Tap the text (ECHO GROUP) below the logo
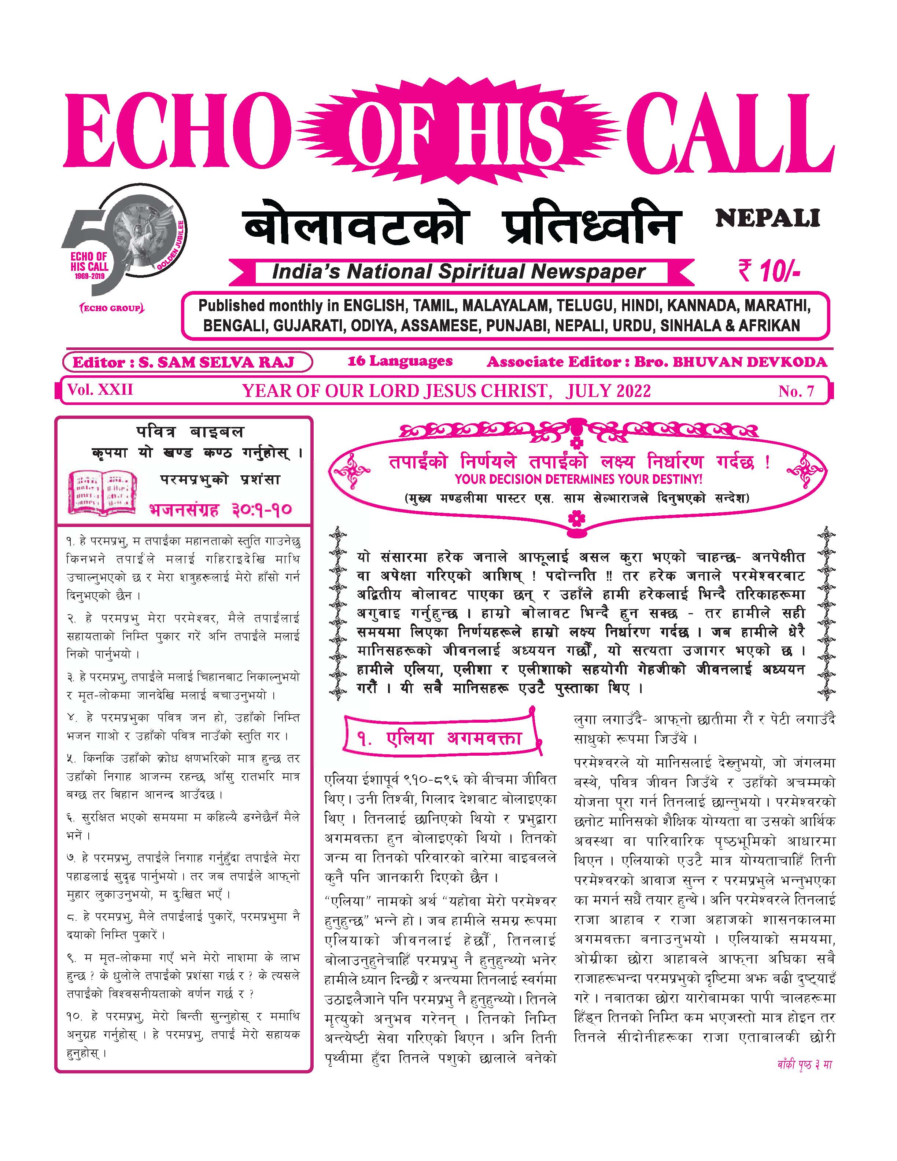pyautogui.click(x=112, y=308)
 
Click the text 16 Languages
pyautogui.click(x=400, y=361)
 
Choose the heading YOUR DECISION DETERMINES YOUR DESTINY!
pyautogui.click(x=578, y=479)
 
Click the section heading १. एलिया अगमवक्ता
pyautogui.click(x=439, y=738)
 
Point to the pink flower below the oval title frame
pyautogui.click(x=576, y=518)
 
